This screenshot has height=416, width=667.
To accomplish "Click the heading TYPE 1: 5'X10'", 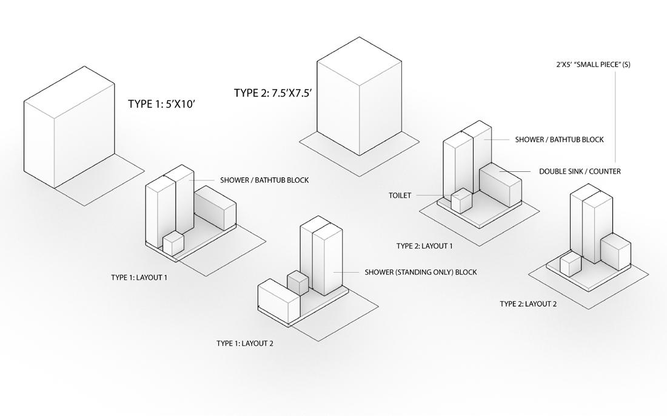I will pyautogui.click(x=161, y=104).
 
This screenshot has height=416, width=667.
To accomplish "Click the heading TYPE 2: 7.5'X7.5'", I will pyautogui.click(x=273, y=93).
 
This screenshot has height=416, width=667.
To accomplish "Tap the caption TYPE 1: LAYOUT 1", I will pyautogui.click(x=139, y=278).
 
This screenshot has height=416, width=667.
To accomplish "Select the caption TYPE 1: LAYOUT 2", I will pyautogui.click(x=245, y=343).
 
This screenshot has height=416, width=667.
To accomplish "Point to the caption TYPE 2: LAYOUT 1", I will pyautogui.click(x=424, y=246).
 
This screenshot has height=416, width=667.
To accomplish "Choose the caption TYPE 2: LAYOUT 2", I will pyautogui.click(x=528, y=304).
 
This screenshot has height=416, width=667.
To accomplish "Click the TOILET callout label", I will pyautogui.click(x=400, y=196).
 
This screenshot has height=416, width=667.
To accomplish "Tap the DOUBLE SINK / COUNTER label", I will pyautogui.click(x=580, y=171).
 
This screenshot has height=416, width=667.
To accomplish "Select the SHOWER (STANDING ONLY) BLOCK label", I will pyautogui.click(x=421, y=272).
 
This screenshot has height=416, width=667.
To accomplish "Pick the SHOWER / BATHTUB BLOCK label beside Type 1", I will pyautogui.click(x=264, y=180).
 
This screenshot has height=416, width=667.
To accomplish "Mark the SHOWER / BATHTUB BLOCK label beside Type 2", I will pyautogui.click(x=559, y=140).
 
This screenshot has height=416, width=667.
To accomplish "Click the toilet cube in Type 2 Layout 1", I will pyautogui.click(x=461, y=201).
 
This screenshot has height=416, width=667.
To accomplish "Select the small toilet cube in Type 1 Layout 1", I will pyautogui.click(x=173, y=244).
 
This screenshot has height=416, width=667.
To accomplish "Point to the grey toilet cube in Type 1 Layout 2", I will pyautogui.click(x=298, y=283).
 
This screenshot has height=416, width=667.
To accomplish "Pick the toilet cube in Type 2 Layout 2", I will pyautogui.click(x=571, y=265).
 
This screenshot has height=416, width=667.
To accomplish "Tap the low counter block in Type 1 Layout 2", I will pyautogui.click(x=279, y=299).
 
